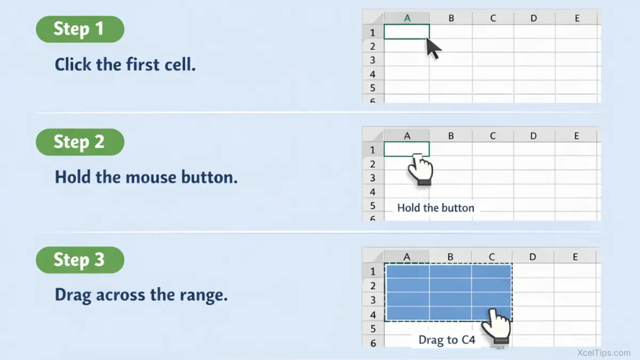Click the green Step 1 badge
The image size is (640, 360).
tap(80, 29)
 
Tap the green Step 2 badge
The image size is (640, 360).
tap(80, 142)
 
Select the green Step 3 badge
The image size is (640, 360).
tap(80, 260)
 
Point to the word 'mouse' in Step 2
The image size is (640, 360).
tap(151, 177)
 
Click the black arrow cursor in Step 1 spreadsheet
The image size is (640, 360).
tap(434, 49)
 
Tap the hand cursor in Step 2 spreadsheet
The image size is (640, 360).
tap(420, 170)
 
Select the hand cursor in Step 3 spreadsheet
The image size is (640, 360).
tap(497, 326)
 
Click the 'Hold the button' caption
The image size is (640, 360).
tap(436, 208)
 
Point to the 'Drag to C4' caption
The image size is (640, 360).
tap(447, 340)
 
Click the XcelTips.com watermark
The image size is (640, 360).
tap(604, 353)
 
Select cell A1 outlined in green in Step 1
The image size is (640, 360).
tap(406, 31)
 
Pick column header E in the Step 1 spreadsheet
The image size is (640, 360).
tap(577, 18)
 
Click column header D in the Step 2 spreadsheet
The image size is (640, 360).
tap(533, 136)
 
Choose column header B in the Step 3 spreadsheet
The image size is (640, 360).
tap(450, 257)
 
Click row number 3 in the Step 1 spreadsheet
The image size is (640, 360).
tap(373, 60)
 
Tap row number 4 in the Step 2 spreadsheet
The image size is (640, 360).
tap(373, 191)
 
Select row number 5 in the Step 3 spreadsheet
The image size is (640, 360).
tap(373, 329)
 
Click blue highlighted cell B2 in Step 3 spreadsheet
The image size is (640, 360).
tap(450, 285)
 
